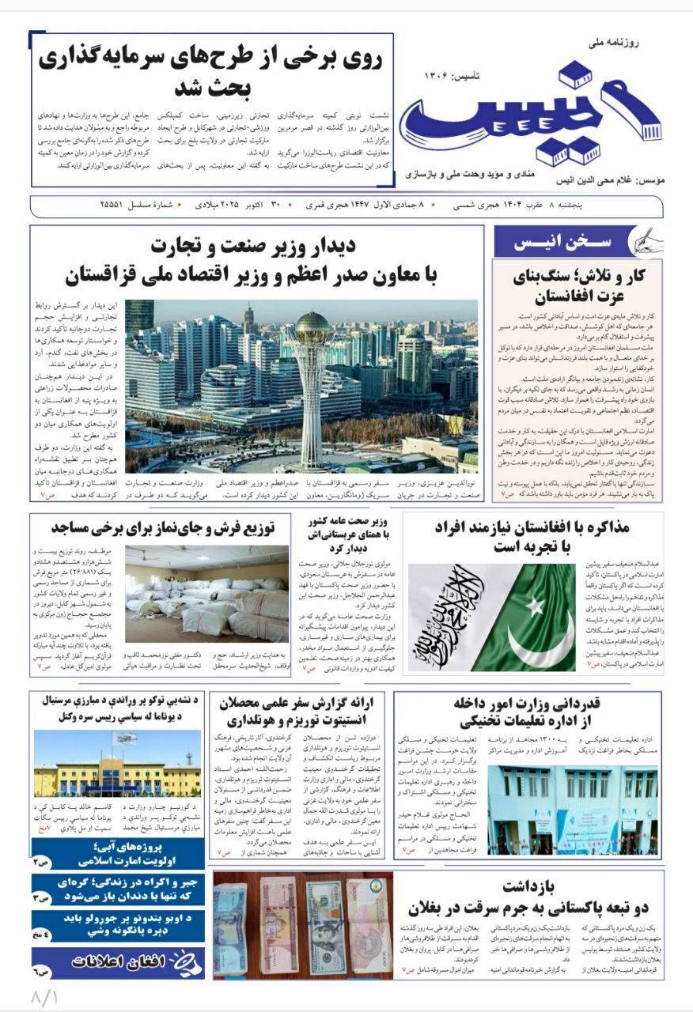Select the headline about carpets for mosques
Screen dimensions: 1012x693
[162, 527]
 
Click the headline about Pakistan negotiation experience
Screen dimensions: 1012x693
[532, 538]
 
